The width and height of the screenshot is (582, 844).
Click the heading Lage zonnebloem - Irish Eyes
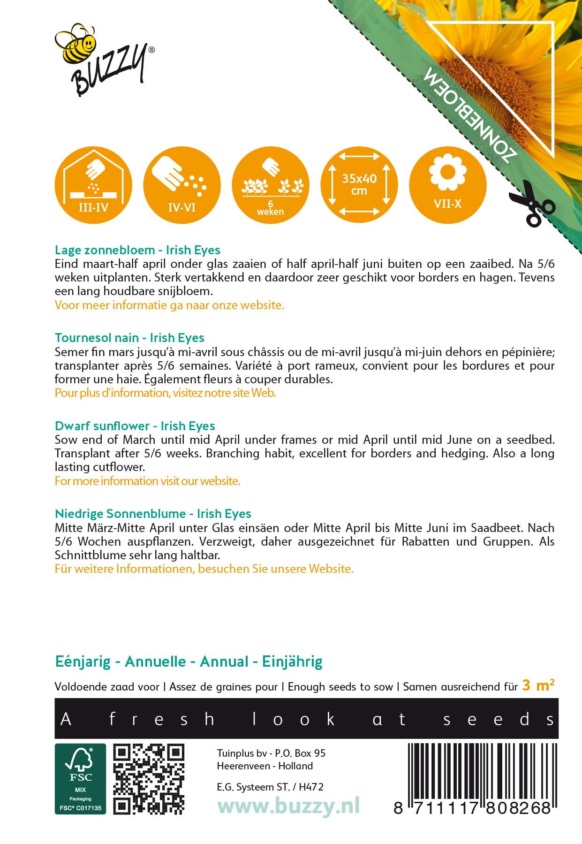click(x=137, y=250)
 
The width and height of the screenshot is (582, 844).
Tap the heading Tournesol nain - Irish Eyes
click(x=129, y=338)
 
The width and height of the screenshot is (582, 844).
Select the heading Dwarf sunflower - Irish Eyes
click(x=135, y=426)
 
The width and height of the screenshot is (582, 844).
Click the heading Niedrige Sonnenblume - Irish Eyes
click(x=153, y=514)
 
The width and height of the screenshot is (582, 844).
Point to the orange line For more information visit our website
click(x=147, y=481)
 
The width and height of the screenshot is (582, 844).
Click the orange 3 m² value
click(x=538, y=685)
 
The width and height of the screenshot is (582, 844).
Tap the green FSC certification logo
click(x=80, y=779)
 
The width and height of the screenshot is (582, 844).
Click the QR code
click(x=149, y=779)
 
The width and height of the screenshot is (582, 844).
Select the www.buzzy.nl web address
click(x=288, y=806)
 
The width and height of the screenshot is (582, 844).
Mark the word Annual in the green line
click(x=224, y=662)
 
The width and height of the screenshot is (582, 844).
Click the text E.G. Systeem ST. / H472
click(x=270, y=787)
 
